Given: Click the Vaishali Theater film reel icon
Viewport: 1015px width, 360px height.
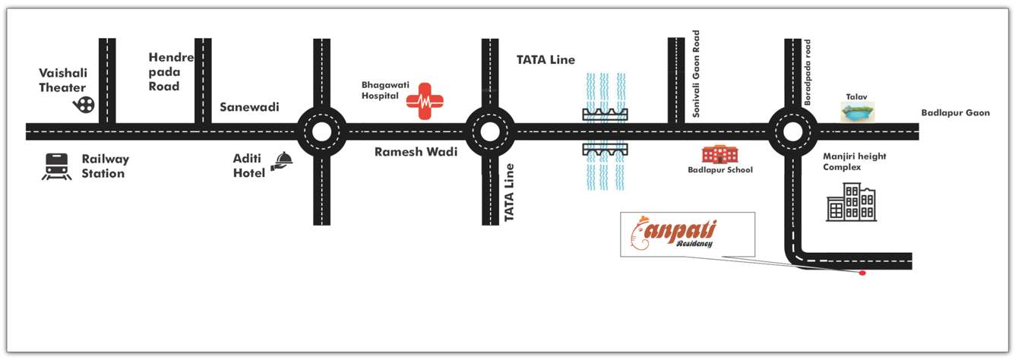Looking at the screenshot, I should [84, 104].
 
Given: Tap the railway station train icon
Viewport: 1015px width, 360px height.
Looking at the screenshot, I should [56, 167].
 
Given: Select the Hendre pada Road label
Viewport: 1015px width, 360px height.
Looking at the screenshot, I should [171, 72].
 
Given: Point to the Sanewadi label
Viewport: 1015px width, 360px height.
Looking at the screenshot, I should [249, 107].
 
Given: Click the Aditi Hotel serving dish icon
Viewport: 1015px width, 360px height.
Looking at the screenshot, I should [283, 159].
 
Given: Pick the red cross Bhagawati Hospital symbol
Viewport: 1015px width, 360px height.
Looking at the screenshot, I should [425, 102].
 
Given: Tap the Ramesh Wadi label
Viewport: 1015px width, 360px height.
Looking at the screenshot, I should [416, 152].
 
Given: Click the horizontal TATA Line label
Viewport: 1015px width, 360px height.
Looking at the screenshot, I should [545, 59].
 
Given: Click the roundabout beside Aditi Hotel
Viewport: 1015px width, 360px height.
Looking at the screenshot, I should [321, 131].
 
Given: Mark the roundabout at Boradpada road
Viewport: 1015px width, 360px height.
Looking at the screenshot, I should [792, 131].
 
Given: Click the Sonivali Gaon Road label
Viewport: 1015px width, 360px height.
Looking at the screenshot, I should [696, 74].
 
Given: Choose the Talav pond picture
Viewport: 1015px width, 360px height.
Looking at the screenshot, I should [858, 112].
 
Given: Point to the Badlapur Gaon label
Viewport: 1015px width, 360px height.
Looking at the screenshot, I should [955, 113].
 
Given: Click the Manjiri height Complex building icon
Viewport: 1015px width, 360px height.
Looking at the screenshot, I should [851, 202].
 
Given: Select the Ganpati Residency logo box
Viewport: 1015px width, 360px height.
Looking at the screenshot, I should [688, 235].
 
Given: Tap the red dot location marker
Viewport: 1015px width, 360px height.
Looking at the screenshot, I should [862, 273].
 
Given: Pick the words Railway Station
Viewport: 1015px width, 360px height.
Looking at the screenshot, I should [105, 166].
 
